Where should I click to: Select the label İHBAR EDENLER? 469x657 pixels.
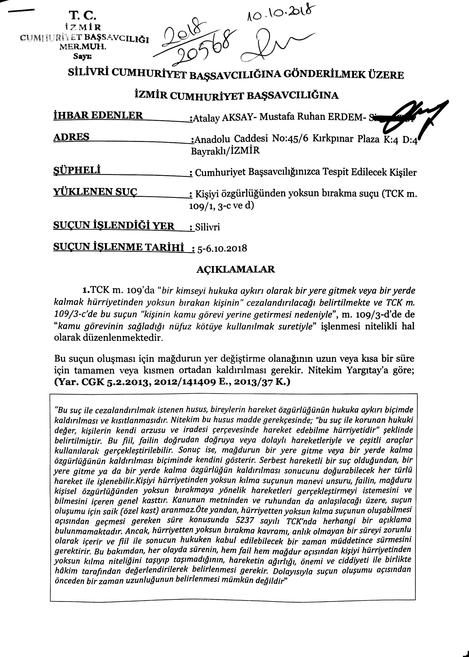point(98,115)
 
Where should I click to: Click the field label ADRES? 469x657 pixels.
point(71,137)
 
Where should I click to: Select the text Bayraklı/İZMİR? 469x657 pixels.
point(225,151)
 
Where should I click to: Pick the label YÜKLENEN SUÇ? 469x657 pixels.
point(95,191)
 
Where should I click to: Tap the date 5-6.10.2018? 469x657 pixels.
point(222,248)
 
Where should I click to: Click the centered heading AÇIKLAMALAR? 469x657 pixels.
point(236,269)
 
